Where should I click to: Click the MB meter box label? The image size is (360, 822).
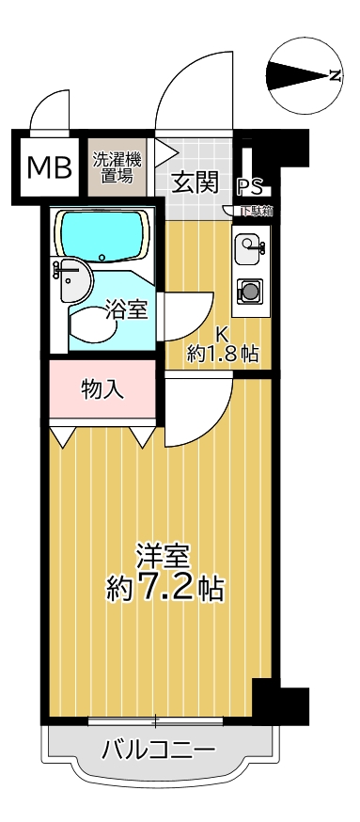(49, 167)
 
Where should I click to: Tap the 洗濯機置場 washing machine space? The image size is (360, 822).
(117, 166)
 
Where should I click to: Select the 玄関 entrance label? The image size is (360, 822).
(195, 183)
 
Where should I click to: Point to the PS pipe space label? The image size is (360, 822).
(250, 185)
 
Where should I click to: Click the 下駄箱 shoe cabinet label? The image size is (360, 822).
(257, 211)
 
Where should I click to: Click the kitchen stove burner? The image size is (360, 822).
(250, 291)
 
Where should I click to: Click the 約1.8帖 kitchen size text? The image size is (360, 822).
(223, 355)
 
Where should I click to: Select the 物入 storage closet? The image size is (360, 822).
(102, 389)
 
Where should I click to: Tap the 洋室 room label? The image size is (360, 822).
(164, 558)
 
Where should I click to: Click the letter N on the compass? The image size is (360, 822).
(335, 76)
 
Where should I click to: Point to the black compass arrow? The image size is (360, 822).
(297, 75)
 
